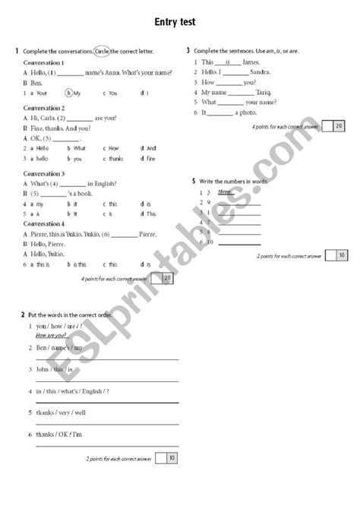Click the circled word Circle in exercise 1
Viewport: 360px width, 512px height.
coord(102,51)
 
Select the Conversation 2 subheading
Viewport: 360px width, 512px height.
coord(45,109)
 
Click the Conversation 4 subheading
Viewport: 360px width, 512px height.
coord(45,223)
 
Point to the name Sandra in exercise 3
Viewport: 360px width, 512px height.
coord(251,71)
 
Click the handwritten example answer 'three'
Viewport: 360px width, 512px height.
coord(224,192)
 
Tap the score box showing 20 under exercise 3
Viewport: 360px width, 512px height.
coord(337,126)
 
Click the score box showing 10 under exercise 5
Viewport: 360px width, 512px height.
coord(341,256)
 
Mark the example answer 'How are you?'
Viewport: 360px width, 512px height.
coord(51,335)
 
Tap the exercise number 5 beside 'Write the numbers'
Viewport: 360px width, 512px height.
coord(194,182)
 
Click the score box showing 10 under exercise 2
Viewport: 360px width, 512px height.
coord(172,458)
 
